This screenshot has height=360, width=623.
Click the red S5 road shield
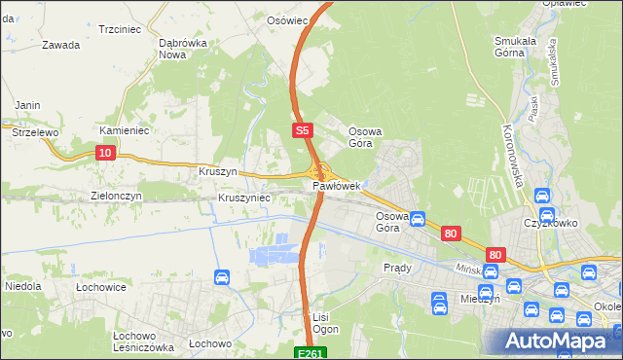[x=303, y=129]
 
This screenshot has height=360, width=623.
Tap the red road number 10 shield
[x=106, y=152]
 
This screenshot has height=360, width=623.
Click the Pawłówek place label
[x=337, y=185]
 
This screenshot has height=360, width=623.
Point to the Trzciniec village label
[x=122, y=30]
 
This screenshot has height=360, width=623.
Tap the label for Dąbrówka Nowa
[x=185, y=49]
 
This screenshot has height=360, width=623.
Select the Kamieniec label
[x=123, y=129]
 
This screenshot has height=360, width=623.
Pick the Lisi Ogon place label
[x=323, y=323]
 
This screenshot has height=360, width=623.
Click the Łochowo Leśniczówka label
[x=142, y=341]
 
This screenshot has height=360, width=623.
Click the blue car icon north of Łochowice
[x=221, y=278]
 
